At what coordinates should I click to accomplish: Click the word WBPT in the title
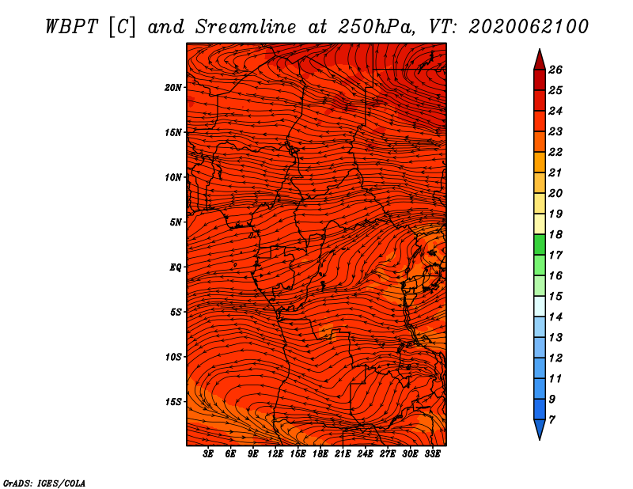coord(71,27)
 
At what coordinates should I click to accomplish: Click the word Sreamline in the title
coord(245,27)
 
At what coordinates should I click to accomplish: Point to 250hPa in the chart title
coord(376,27)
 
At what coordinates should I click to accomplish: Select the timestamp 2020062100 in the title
coord(529,27)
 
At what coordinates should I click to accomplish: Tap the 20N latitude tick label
coord(173,88)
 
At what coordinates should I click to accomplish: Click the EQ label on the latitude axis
coord(175,267)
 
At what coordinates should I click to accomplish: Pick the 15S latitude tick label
coord(173,402)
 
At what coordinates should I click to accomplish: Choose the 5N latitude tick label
coord(176,222)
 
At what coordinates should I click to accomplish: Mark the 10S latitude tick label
coord(173,357)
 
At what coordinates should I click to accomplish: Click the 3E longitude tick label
coord(208,454)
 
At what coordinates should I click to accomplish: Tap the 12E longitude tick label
coord(275,454)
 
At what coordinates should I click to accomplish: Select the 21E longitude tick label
coord(343,454)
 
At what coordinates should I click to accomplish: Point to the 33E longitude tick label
coord(432,454)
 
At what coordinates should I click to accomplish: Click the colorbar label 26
coord(555,70)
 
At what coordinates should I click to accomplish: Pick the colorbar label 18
coord(555,234)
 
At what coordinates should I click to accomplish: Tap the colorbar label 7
coord(552,420)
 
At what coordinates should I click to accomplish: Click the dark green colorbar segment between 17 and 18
coord(540,244)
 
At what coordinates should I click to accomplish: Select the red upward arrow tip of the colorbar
coord(540,50)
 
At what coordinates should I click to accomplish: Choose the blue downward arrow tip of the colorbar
coord(540,439)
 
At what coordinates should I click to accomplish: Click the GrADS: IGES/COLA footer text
coord(44,483)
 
